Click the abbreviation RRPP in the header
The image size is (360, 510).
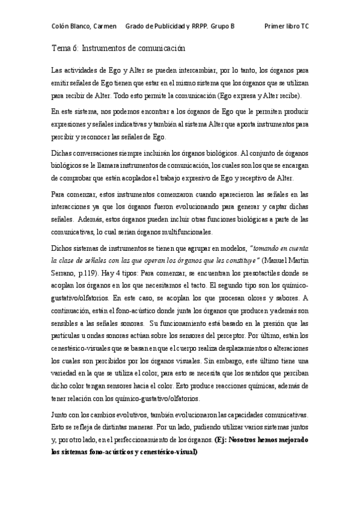coord(203,26)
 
